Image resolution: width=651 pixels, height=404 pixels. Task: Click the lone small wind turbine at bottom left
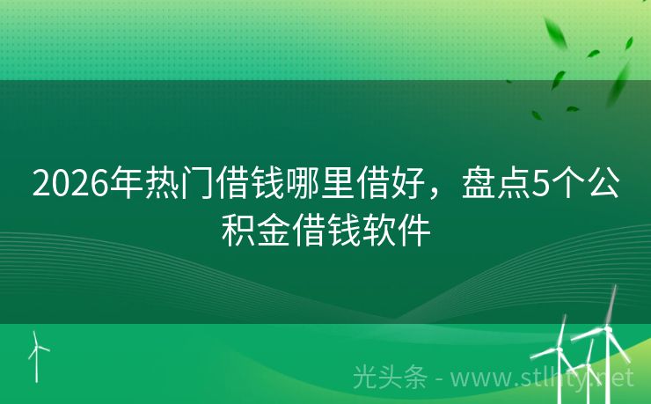tap(37, 352)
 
